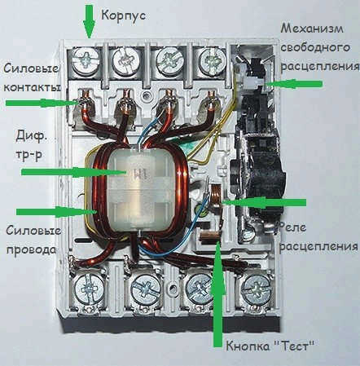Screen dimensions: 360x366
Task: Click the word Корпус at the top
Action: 124,15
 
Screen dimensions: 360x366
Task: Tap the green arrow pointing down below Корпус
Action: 89,22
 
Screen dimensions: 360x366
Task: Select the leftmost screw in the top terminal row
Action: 86,60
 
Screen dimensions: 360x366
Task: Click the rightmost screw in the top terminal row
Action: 212,60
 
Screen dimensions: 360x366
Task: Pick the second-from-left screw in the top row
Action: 125,60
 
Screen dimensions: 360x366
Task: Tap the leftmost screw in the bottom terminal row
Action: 88,289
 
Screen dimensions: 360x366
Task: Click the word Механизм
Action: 312,29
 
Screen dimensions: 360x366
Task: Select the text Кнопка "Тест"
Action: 270,346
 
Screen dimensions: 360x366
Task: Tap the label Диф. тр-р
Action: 30,145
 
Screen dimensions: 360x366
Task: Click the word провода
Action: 31,249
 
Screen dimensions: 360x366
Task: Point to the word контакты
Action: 32,87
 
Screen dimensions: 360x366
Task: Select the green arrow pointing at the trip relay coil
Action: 264,202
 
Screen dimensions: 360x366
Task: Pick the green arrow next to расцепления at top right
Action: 295,84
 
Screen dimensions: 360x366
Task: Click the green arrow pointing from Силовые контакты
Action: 42,103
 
